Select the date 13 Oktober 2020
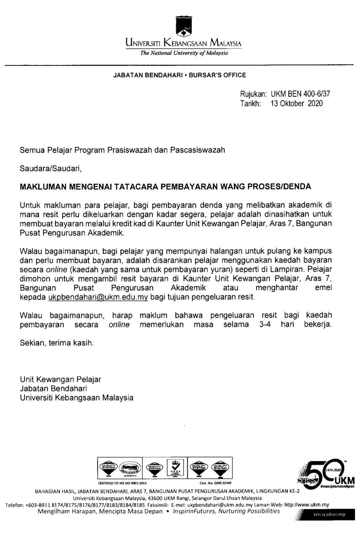[297, 103]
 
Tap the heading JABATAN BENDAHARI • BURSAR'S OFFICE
[180, 75]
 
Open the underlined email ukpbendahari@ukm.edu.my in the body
[98, 297]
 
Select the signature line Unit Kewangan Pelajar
[60, 379]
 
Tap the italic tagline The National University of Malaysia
[184, 53]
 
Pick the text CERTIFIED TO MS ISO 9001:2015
[122, 482]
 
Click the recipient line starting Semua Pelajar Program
[122, 150]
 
